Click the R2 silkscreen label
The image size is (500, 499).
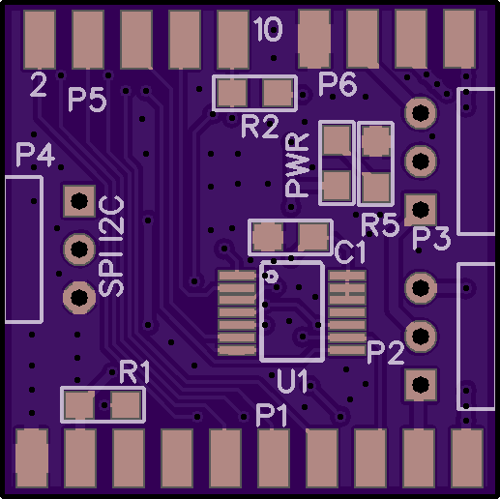(x=259, y=127)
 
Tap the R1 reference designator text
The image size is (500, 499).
(x=134, y=372)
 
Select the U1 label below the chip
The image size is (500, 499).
(x=292, y=382)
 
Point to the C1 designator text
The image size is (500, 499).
(x=350, y=252)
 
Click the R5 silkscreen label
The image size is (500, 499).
(x=380, y=224)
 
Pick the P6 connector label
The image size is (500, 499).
(x=338, y=84)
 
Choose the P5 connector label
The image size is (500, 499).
(x=87, y=101)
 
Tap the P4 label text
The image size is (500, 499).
(x=36, y=155)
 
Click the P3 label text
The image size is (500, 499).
(x=432, y=239)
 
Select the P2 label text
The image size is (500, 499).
(x=386, y=353)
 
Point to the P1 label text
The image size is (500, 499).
(x=272, y=416)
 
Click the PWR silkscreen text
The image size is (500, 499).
(x=297, y=164)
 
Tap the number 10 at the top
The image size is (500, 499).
(x=268, y=29)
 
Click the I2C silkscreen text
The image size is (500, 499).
(x=111, y=216)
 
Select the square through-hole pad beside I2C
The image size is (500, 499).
(x=79, y=201)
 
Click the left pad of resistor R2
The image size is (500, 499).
(x=232, y=93)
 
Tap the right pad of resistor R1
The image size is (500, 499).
(x=126, y=404)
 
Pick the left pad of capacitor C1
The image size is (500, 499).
(x=268, y=238)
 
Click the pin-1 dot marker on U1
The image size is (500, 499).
(x=274, y=276)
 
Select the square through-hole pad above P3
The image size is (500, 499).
(x=421, y=210)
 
